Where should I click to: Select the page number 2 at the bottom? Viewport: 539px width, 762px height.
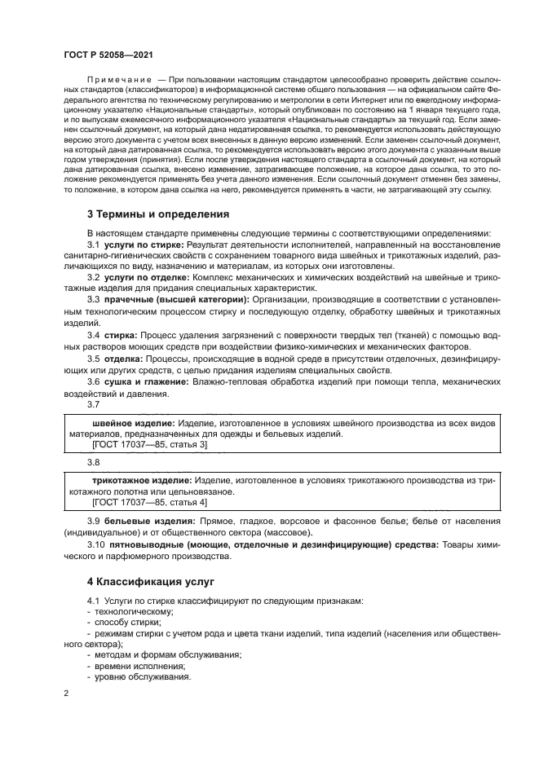(x=66, y=694)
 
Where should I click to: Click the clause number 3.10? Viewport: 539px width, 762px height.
(x=96, y=544)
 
